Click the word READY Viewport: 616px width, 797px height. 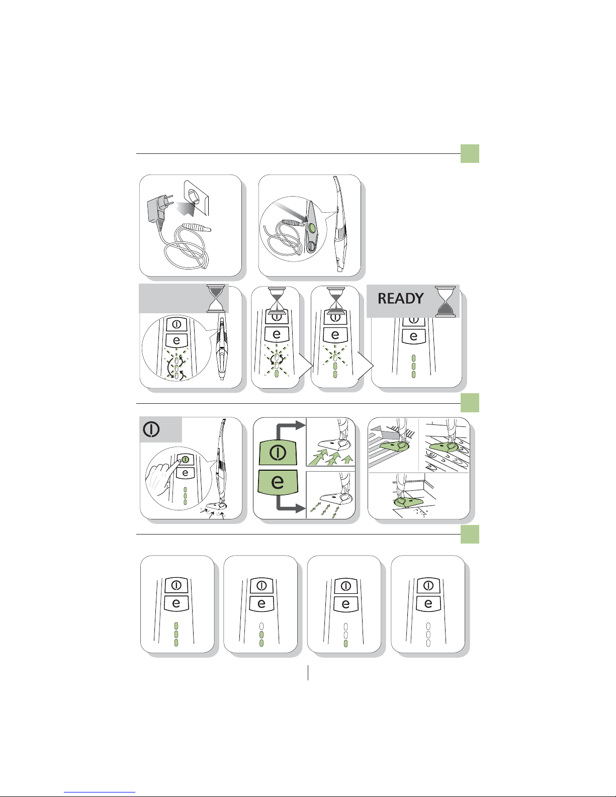tap(400, 299)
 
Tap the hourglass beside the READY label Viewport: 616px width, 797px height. tap(445, 302)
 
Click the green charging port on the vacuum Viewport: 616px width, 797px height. tap(312, 228)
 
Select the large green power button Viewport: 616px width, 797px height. tap(278, 452)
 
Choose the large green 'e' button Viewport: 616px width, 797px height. tap(278, 482)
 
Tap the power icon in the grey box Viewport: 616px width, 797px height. tap(151, 429)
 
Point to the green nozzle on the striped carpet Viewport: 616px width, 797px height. tap(394, 447)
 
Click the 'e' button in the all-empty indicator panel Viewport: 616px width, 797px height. tap(428, 603)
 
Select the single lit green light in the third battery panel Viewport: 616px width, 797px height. tap(345, 643)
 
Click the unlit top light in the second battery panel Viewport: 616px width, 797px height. tap(261, 626)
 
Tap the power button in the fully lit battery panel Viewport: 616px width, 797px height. tap(177, 585)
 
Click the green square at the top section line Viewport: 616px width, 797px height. tap(470, 153)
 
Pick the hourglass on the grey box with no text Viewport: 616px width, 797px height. tap(216, 299)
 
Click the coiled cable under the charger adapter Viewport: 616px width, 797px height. tap(187, 246)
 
